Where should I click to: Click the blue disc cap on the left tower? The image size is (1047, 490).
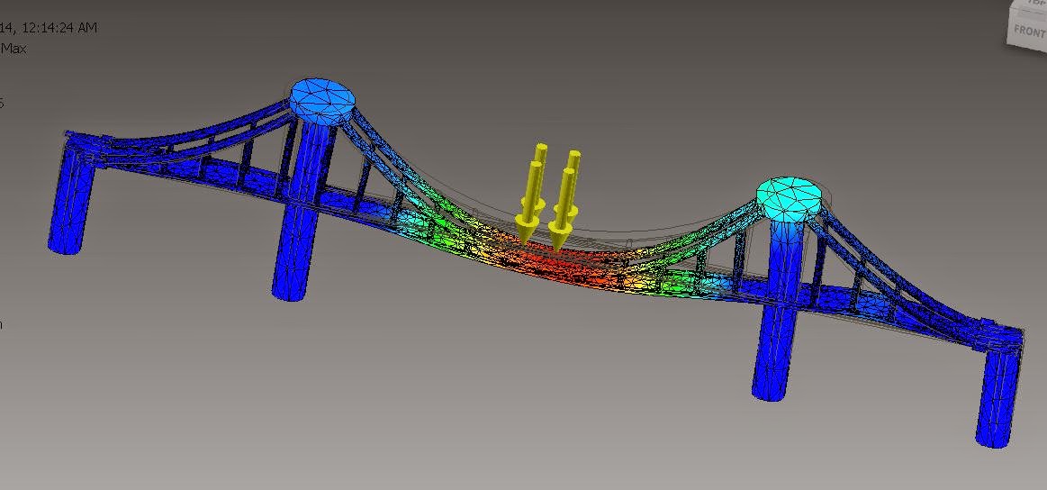[321, 98]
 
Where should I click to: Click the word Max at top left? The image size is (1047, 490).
[13, 49]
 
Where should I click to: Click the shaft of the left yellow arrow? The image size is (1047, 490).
[537, 185]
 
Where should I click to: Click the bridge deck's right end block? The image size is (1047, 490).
[999, 334]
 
